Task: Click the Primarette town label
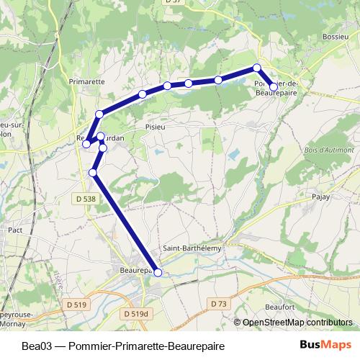coord(86,81)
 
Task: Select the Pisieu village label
coord(156,125)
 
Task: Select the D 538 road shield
coord(85,198)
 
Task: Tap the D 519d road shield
coord(135,314)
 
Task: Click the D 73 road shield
coord(219,305)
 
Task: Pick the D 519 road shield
coord(75,305)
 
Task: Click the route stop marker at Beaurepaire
coord(158,271)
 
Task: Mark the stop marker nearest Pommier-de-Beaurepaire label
coord(274,87)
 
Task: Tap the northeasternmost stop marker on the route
coord(256,68)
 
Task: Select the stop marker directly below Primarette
coord(99,114)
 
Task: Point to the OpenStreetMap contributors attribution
coord(297,323)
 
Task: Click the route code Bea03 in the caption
coord(35,346)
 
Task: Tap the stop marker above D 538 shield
coord(93,173)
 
